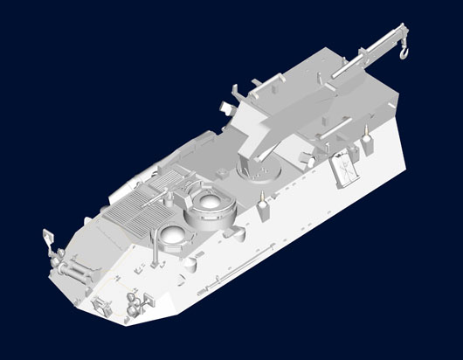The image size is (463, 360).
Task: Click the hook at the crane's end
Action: [x=404, y=54]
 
